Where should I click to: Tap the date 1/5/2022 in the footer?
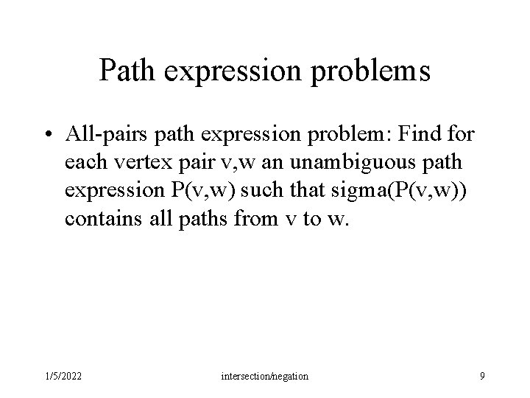(x=63, y=376)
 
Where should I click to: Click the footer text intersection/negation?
(x=265, y=376)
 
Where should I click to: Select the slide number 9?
(x=481, y=376)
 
